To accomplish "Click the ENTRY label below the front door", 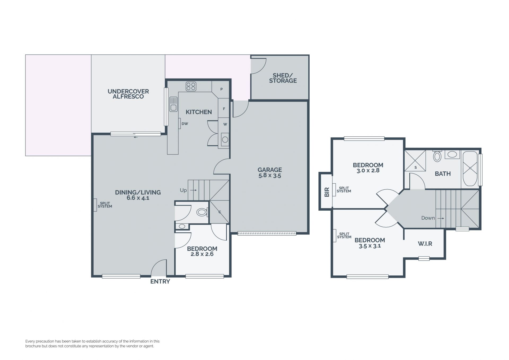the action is tap(160, 281).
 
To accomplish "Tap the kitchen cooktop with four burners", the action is tap(191, 86).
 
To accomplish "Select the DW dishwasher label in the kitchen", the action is tap(185, 124).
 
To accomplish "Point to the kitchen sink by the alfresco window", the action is tap(173, 104).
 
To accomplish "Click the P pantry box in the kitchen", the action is tap(221, 89).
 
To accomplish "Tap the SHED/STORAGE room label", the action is tap(283, 78).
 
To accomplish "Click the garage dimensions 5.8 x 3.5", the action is tap(270, 176).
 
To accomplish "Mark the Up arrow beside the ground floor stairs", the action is tap(193, 190).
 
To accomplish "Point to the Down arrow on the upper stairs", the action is tap(441, 218).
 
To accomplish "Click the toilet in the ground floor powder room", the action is tap(202, 212).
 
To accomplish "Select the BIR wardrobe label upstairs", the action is tap(327, 192).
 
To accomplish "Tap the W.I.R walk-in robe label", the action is tap(425, 244).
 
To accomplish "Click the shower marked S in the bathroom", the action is tap(415, 161).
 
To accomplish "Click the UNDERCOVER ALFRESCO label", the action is tap(128, 94).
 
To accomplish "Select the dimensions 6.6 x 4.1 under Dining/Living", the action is tap(138, 198).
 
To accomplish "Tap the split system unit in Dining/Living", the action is tap(95, 205).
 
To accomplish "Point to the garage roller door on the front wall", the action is tap(267, 233).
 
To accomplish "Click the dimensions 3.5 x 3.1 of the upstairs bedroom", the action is tap(370, 246).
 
